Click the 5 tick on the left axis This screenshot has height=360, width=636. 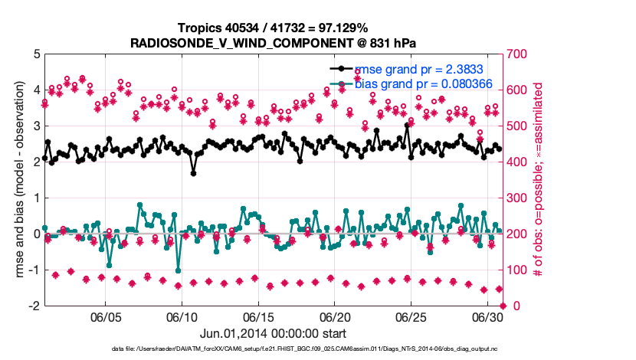click(36, 54)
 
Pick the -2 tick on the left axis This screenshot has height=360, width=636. click(34, 306)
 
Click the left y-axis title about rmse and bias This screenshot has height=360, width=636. click(16, 180)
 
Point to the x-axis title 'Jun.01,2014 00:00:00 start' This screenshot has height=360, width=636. click(274, 334)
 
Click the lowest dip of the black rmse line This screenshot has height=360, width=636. click(194, 173)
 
